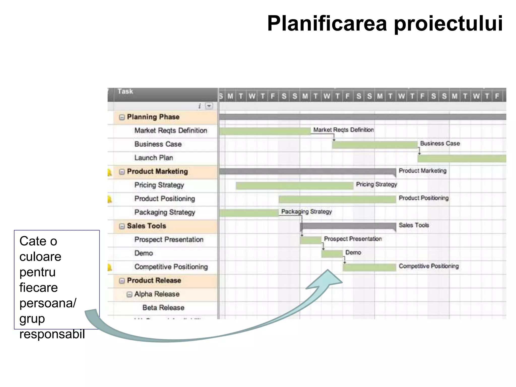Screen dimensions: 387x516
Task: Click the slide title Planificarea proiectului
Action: coord(385,23)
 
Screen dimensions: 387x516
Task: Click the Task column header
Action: coord(125,91)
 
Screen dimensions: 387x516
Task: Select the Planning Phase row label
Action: coord(153,117)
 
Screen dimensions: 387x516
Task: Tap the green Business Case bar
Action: coord(375,145)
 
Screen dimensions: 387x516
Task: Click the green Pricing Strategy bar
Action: coord(294,186)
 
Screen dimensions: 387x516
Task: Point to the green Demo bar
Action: coord(332,254)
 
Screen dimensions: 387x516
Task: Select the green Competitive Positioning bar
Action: coord(369,267)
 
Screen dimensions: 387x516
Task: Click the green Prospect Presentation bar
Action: coord(310,240)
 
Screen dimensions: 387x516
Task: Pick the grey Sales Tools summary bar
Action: coord(348,226)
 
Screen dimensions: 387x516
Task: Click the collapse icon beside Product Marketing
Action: coord(122,172)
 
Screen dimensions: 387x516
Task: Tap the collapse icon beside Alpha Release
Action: coord(129,294)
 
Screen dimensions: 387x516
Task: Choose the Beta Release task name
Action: coord(163,308)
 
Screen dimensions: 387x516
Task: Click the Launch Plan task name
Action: coord(153,158)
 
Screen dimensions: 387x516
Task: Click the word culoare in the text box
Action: coord(40,257)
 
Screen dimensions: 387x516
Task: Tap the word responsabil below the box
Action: coord(52,334)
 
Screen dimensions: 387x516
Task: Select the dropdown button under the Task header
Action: coord(209,106)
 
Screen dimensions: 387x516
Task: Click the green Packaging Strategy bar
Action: coord(249,213)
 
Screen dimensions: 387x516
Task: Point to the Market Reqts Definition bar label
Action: coord(343,130)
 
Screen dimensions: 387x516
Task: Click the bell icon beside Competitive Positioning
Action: coord(110,267)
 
